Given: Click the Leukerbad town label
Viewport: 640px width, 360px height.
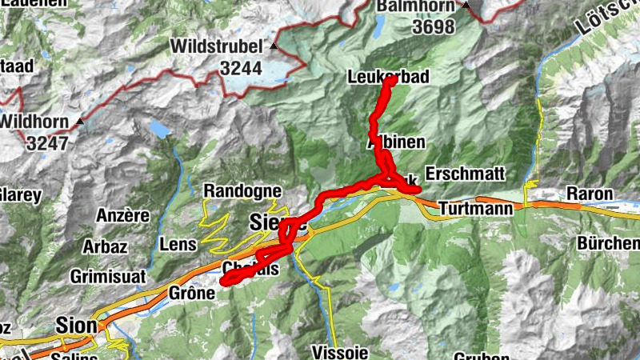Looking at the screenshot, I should [390, 78].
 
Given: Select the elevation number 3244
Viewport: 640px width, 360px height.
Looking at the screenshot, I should [241, 68].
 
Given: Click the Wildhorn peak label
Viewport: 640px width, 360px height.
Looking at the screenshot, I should [34, 122].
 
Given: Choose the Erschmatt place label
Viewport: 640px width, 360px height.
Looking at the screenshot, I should [466, 174].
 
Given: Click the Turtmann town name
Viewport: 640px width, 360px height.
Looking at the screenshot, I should [472, 206].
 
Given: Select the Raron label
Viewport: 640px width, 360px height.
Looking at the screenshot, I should [590, 194].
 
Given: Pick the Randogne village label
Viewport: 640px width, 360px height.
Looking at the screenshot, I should [242, 191].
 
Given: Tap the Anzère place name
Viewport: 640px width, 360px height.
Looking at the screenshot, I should [122, 215].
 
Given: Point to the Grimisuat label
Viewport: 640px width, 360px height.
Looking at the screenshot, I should [107, 276].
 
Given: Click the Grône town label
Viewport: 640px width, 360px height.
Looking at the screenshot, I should [192, 294].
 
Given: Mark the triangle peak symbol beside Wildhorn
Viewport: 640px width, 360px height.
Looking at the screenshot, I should [80, 122].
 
